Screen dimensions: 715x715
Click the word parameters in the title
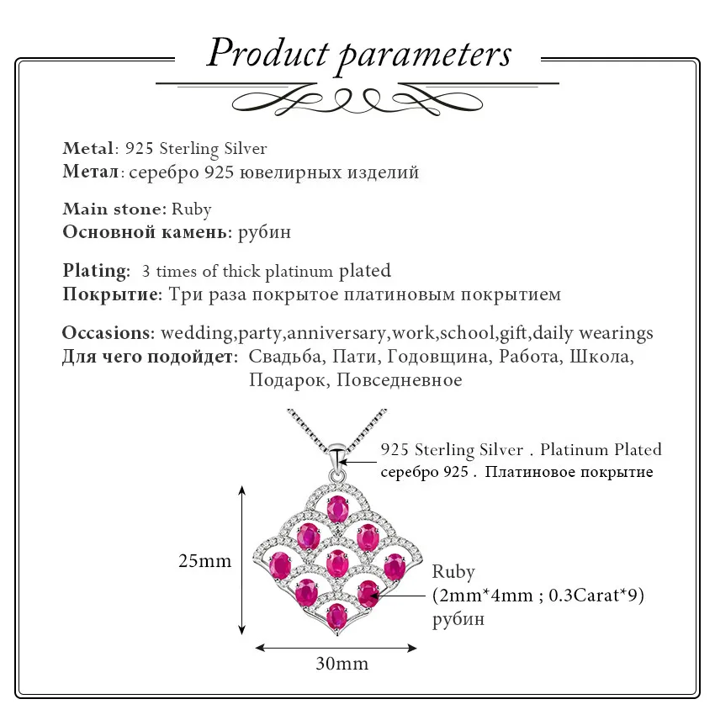pos(425,55)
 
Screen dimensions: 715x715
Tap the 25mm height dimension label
pos(204,561)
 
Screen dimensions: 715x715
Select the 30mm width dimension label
pos(342,663)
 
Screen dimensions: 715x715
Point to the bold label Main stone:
pos(114,209)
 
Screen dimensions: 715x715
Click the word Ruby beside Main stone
pos(192,209)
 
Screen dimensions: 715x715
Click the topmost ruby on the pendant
pos(338,509)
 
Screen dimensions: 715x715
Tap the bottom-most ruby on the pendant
pos(336,614)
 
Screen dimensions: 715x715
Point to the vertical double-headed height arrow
pos(243,559)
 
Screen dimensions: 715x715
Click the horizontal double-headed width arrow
pos(336,647)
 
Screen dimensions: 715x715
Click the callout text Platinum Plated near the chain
pos(601,449)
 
